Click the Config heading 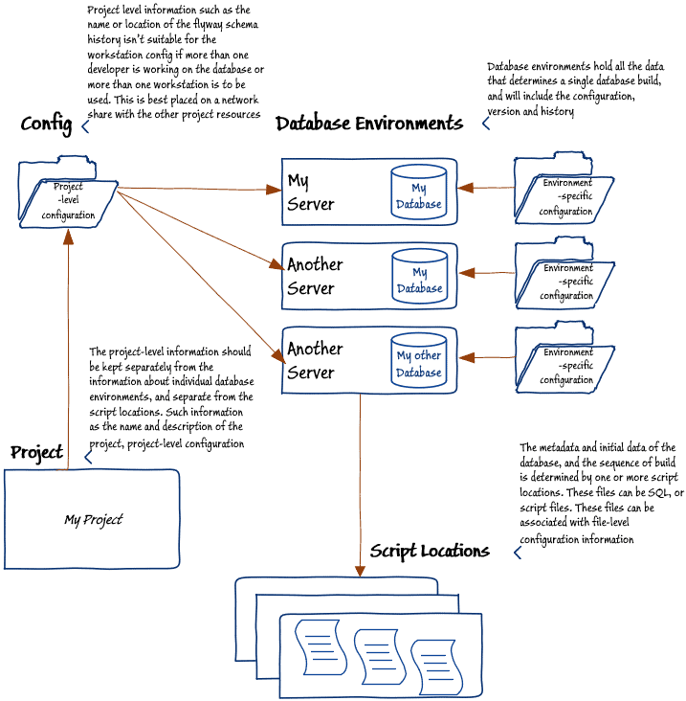click(x=45, y=124)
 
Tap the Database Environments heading click(x=369, y=124)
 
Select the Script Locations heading click(x=430, y=551)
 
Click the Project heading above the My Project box click(x=37, y=452)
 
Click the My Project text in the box click(x=93, y=520)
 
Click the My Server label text click(x=311, y=192)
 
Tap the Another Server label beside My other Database click(x=316, y=361)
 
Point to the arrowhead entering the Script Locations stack click(x=360, y=571)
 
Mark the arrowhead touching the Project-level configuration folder click(x=67, y=236)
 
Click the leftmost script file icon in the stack click(x=319, y=644)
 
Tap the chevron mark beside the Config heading click(x=85, y=125)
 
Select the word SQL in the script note click(x=661, y=493)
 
